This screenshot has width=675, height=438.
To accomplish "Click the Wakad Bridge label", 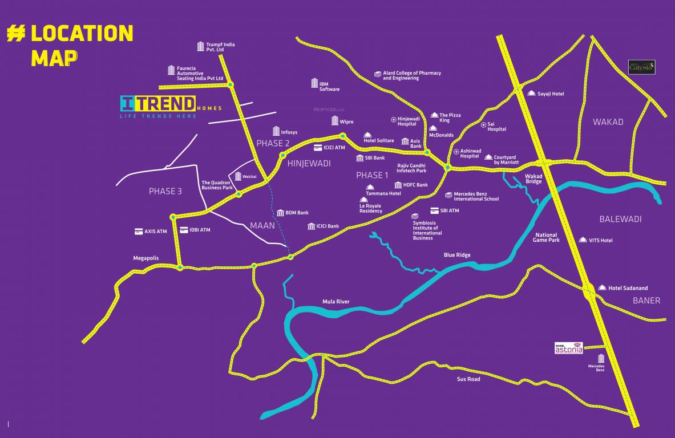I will click(x=533, y=179).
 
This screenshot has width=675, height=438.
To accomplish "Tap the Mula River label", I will click(x=336, y=302).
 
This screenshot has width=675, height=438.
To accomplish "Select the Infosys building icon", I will click(x=276, y=131).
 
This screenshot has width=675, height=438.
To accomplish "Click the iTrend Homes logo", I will click(x=171, y=107).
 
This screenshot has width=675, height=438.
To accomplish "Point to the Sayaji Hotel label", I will click(x=550, y=94).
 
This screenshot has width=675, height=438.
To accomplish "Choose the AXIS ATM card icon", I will click(x=139, y=232).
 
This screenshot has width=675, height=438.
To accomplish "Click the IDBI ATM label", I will click(x=200, y=230).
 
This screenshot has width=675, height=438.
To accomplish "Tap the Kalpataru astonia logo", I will click(x=569, y=348).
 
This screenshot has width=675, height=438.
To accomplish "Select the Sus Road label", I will click(x=468, y=379).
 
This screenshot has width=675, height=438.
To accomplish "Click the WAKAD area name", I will click(x=608, y=122).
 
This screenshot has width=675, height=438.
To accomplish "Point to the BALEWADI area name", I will click(x=620, y=219).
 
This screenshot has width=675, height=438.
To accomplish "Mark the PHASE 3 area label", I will click(x=165, y=191).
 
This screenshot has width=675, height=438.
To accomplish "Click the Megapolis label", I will click(x=146, y=258).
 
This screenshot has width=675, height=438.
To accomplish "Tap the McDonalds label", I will click(x=441, y=135).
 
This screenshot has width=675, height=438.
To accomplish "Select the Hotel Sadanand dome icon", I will click(x=602, y=288).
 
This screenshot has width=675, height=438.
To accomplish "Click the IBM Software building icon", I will click(x=314, y=83).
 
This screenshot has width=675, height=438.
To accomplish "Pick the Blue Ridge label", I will click(x=457, y=255).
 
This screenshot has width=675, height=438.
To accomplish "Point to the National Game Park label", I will click(x=546, y=237).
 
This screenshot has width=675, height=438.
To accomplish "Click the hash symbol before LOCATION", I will click(x=17, y=34).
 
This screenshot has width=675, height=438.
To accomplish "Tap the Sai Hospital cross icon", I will click(x=484, y=124).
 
